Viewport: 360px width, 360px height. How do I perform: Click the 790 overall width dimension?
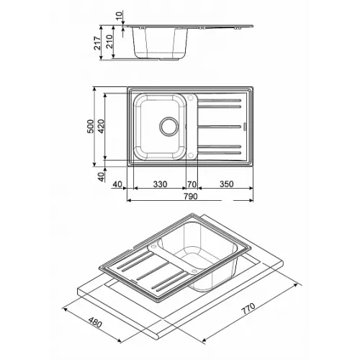191,196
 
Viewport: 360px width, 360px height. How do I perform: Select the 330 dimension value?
160,184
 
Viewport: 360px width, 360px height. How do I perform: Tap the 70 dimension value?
192,184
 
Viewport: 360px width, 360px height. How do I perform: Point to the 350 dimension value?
226,184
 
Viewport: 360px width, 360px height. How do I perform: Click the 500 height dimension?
91,126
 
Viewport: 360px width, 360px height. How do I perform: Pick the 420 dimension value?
101,126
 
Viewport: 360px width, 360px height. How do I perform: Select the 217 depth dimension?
97,43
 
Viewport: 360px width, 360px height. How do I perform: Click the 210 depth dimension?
109,42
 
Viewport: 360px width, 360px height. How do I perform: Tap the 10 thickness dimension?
120,17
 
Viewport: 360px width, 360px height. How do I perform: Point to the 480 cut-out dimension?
95,322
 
